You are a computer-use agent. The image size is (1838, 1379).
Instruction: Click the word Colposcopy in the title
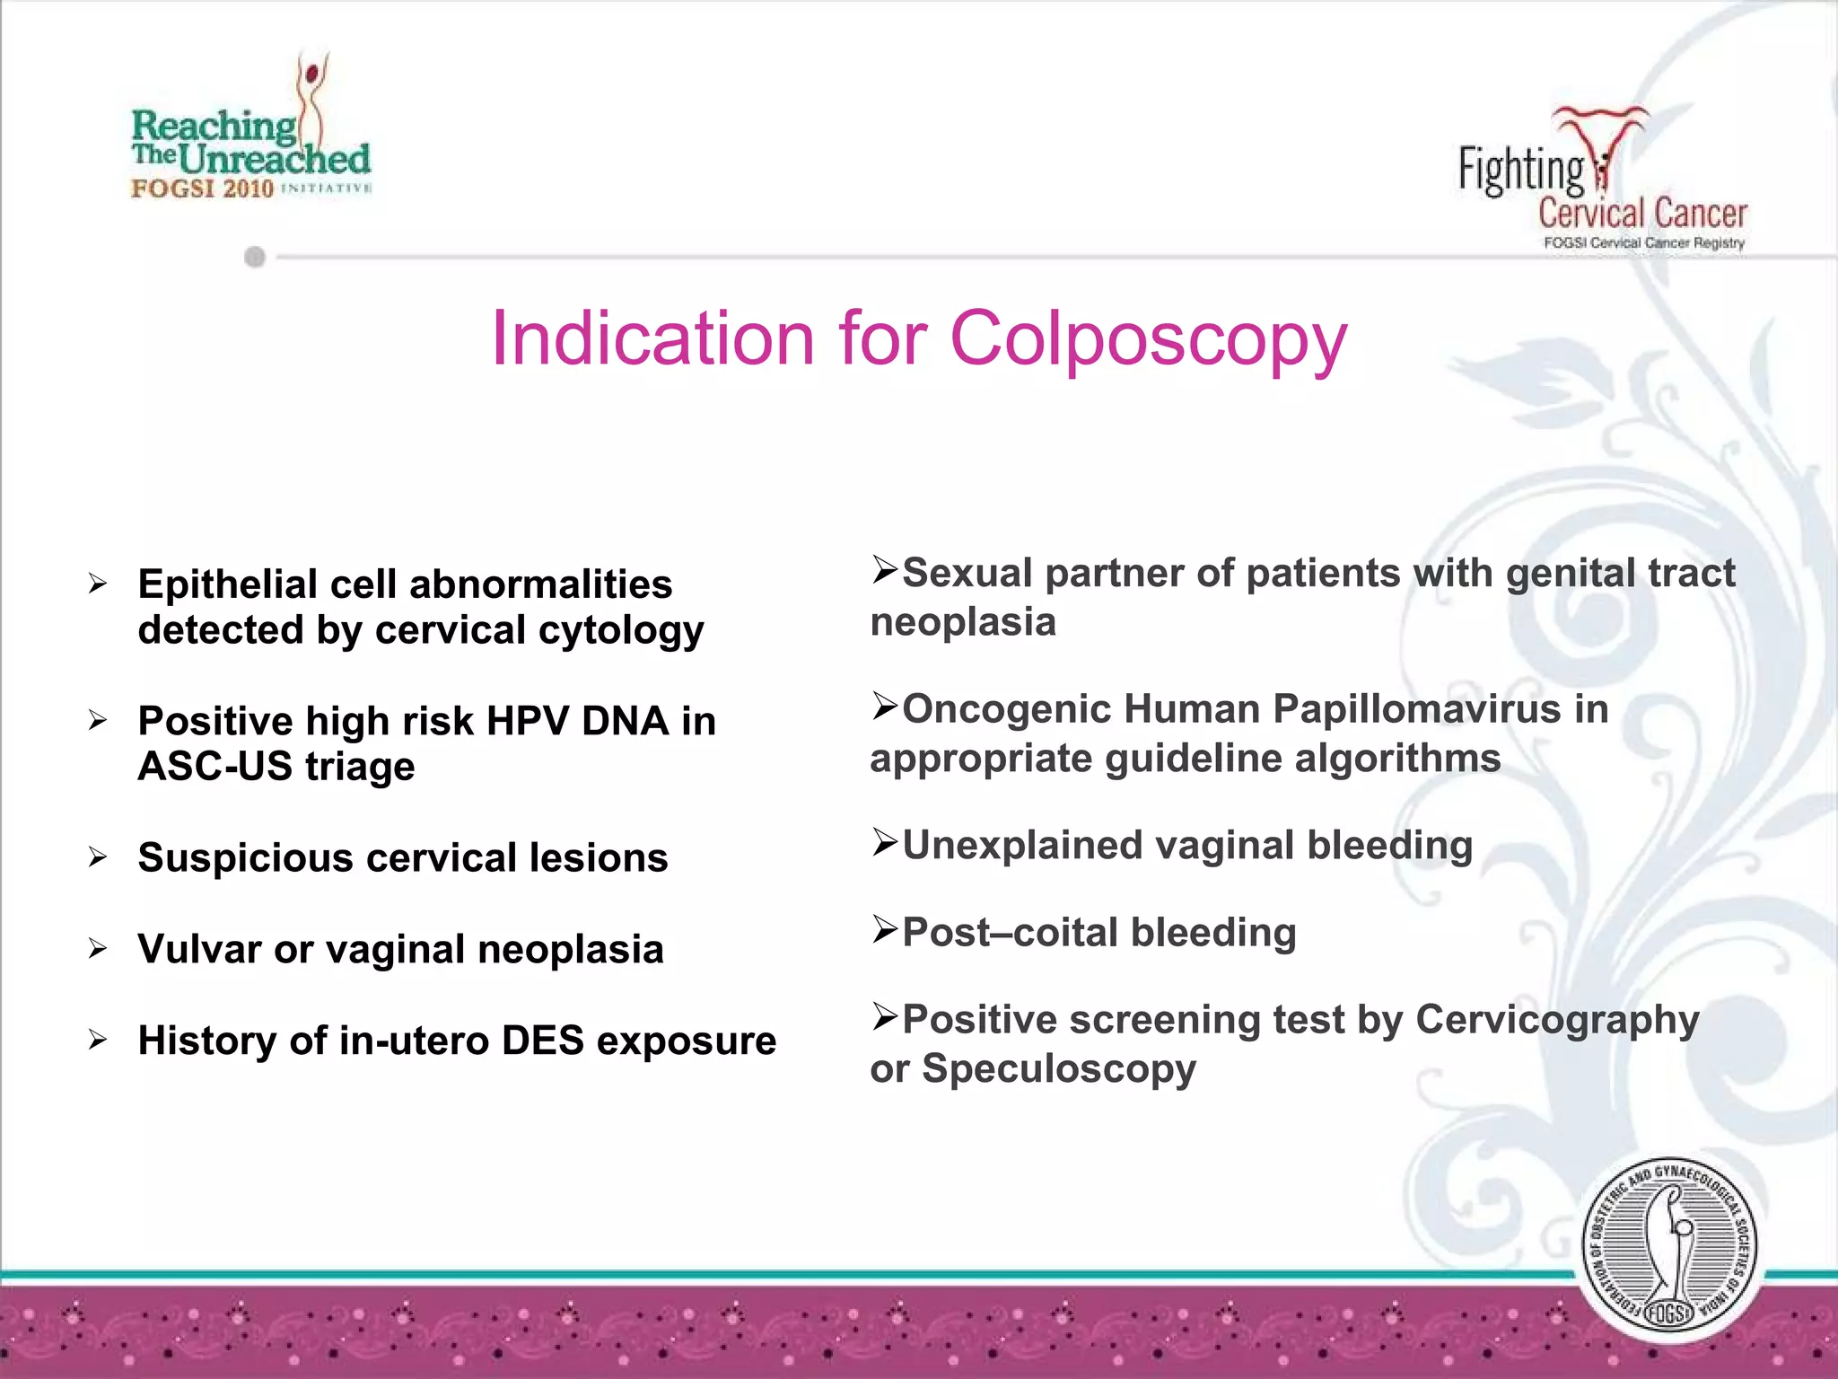[1148, 339]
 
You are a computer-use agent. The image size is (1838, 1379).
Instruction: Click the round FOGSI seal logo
[1668, 1248]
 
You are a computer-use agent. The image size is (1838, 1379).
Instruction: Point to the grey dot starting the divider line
[255, 258]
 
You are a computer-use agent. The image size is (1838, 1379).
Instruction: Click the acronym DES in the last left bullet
[543, 1041]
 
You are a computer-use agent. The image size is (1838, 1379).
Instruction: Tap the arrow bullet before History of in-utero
[98, 1041]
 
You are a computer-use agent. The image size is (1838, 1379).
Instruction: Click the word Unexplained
[1022, 846]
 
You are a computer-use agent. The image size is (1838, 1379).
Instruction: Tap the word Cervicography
[1557, 1020]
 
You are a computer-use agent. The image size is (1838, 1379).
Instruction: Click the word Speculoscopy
[1059, 1069]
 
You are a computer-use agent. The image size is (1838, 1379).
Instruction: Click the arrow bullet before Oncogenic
[885, 707]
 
